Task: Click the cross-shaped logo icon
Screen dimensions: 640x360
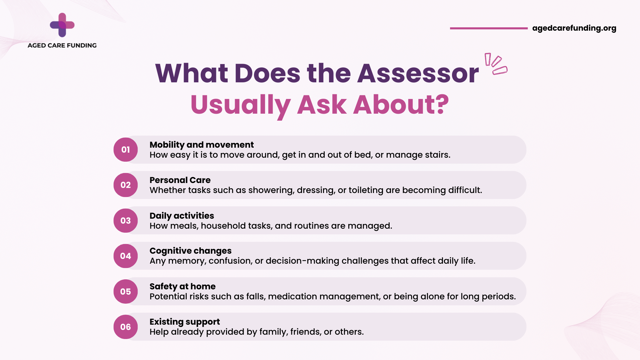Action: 62,25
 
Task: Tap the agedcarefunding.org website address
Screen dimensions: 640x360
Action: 574,28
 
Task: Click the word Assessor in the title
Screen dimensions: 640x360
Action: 418,73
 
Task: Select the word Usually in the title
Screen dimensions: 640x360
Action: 241,105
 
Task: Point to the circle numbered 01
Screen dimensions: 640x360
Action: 126,150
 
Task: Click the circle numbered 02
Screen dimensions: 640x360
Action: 126,185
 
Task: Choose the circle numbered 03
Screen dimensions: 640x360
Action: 126,221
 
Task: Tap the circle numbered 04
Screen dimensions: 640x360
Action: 126,256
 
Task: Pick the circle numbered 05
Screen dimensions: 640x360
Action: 126,292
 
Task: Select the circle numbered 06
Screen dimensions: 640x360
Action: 126,327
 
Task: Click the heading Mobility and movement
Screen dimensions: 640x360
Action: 202,145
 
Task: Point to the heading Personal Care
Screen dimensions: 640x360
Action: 180,180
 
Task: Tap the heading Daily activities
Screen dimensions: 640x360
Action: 182,216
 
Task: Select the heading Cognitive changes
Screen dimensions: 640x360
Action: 190,251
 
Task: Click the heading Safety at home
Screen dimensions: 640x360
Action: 182,286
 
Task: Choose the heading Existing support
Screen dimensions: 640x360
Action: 185,322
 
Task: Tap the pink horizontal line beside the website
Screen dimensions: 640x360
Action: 489,28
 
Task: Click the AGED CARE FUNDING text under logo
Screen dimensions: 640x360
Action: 62,45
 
